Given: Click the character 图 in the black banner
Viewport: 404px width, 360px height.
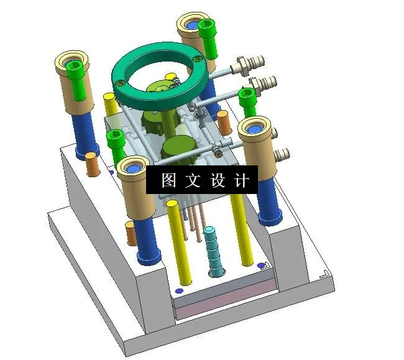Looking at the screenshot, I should [168, 180].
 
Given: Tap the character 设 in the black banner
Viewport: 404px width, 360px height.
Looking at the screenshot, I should [218, 180].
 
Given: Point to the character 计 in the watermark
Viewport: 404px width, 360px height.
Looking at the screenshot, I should [242, 180].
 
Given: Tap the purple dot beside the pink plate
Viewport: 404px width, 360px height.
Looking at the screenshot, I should [180, 290].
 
